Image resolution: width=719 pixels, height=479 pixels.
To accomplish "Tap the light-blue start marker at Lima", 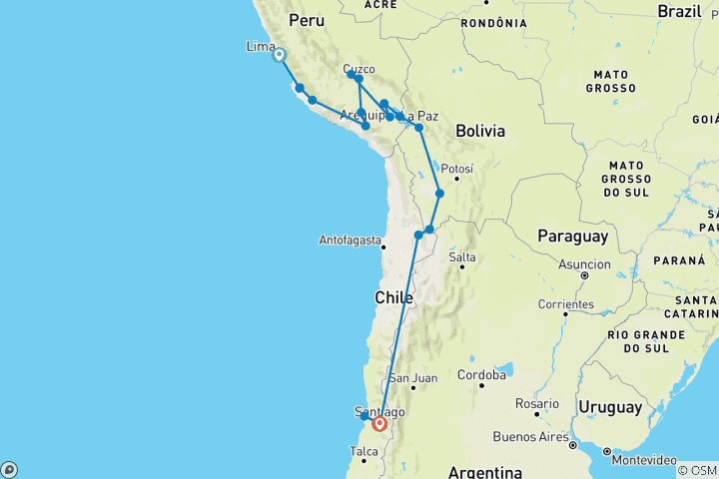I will tap(280, 56).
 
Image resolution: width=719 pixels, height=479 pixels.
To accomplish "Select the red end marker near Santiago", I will tap(379, 424).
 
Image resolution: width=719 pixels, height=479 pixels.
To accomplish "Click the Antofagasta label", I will tap(351, 240).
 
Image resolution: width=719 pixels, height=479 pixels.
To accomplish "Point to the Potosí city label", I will tap(455, 169).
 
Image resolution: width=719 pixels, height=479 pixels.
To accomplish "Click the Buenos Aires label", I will tap(531, 436).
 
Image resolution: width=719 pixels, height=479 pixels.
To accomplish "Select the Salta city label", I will tap(462, 257).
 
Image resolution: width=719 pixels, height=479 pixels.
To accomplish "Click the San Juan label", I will tap(412, 378).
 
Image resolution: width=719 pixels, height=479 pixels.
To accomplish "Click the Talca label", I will tap(363, 451).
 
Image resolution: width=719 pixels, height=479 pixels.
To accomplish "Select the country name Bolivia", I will tap(480, 131).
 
